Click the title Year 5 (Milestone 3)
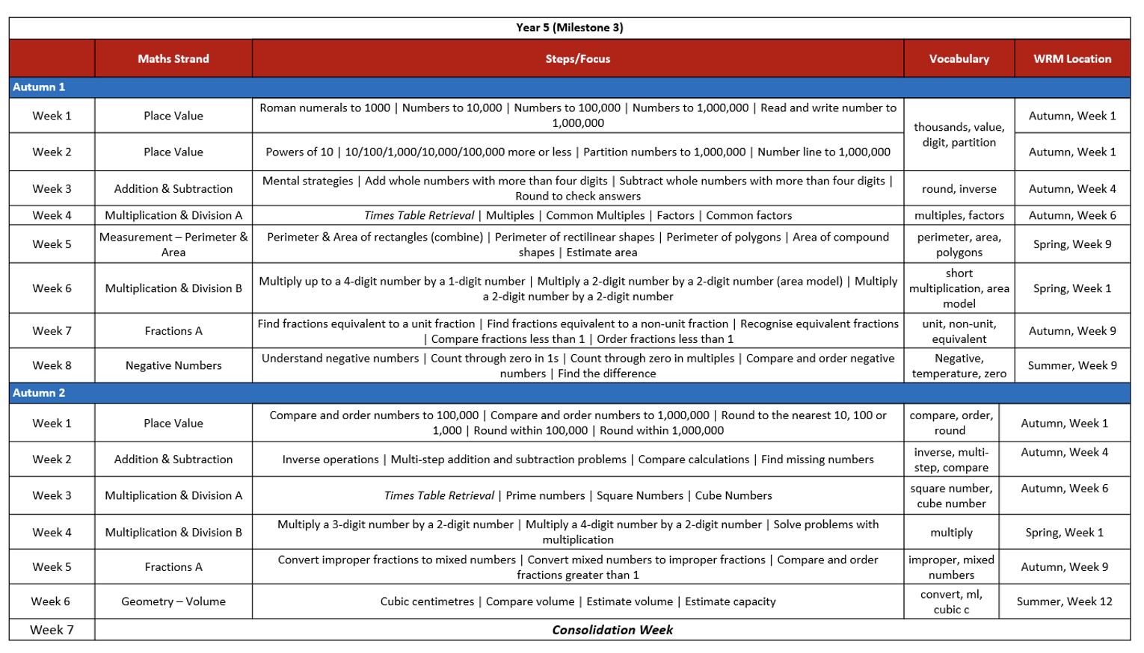(x=569, y=28)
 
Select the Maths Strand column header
(x=173, y=58)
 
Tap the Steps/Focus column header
(x=577, y=58)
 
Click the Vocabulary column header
(x=959, y=58)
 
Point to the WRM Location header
(x=1072, y=58)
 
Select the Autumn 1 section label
(x=39, y=87)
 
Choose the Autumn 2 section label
(x=39, y=392)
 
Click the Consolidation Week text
(x=612, y=630)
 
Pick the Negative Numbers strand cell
(x=173, y=365)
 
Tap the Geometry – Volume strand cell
(x=173, y=601)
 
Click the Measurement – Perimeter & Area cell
(x=173, y=244)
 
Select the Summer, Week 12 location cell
(x=1064, y=601)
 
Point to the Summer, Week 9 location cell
(x=1072, y=365)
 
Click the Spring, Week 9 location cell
(x=1072, y=244)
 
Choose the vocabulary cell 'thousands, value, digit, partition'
(x=959, y=134)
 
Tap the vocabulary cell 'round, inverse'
(x=959, y=189)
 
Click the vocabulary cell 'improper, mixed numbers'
(x=951, y=567)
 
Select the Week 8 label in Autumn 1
(x=52, y=365)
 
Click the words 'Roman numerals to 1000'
(x=325, y=108)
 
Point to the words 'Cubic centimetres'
(x=427, y=601)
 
